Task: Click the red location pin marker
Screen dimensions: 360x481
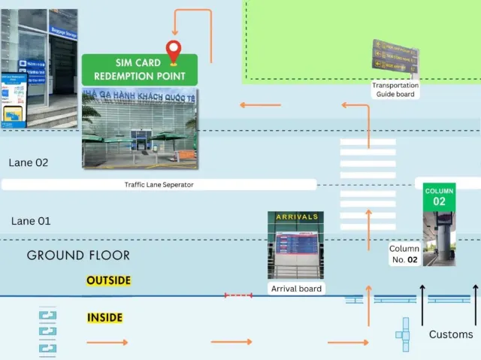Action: click(x=176, y=51)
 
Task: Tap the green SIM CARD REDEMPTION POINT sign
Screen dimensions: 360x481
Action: click(x=139, y=69)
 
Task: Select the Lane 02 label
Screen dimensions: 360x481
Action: click(x=29, y=162)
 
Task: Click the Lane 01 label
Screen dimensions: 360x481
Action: click(x=31, y=221)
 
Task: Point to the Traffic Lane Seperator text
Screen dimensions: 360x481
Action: click(x=159, y=184)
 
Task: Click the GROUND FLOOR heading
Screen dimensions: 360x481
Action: click(x=78, y=256)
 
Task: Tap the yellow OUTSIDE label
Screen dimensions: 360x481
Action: click(x=108, y=280)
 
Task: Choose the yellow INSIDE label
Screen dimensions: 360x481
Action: click(x=104, y=318)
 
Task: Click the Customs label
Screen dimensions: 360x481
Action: click(x=451, y=334)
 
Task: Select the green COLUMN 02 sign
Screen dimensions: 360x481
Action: click(x=439, y=196)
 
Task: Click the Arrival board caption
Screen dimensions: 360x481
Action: click(x=297, y=289)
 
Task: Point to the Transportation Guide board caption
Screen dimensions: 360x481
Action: click(x=395, y=89)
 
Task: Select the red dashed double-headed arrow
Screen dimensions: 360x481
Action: click(x=238, y=295)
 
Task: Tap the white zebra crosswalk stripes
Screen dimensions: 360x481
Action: click(x=368, y=173)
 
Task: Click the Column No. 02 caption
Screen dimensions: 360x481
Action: click(x=404, y=254)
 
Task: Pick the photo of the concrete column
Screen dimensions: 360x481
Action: click(x=440, y=238)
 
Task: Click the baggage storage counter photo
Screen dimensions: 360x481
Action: click(x=39, y=68)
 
